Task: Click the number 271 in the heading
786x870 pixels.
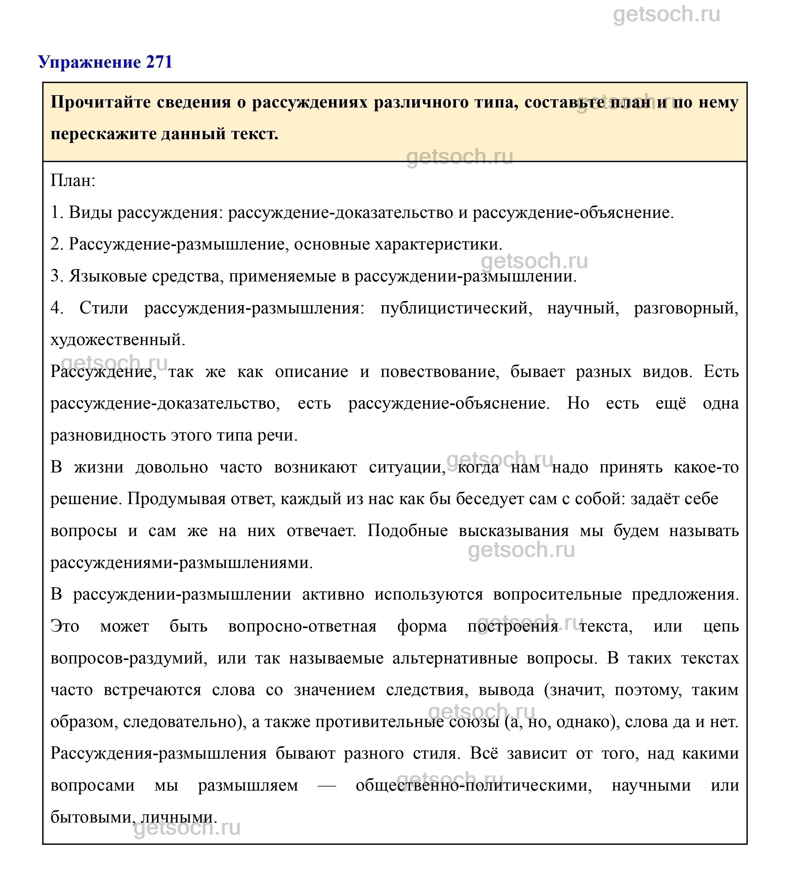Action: point(159,62)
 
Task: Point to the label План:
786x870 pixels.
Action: point(72,180)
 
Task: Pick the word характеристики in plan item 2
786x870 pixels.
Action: point(438,244)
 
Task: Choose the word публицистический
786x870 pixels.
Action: point(456,308)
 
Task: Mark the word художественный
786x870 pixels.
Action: point(117,340)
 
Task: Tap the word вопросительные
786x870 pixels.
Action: point(558,595)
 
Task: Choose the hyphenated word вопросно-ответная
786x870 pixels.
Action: point(302,626)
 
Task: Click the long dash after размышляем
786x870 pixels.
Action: point(327,786)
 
